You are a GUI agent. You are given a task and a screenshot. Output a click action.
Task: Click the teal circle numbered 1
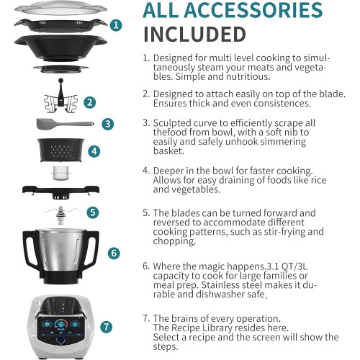point(116,25)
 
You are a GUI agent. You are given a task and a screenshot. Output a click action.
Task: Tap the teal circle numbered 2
point(90,102)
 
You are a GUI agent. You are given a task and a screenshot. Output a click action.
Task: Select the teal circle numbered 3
point(108,124)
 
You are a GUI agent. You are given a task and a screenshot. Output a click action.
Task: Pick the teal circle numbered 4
point(94,151)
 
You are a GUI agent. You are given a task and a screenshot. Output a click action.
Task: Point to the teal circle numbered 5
point(93,212)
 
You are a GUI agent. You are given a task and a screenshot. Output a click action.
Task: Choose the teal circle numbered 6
point(114,253)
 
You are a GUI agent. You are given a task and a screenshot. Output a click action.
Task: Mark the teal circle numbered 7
point(106,327)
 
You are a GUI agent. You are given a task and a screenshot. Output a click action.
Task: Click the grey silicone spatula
point(65,124)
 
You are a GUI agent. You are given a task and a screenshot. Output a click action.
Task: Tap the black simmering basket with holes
point(61,150)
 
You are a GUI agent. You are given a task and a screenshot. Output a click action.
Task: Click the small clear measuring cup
point(61,174)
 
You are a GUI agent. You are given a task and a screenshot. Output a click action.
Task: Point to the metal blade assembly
point(60,215)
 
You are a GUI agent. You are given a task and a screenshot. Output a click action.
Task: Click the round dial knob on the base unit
point(60,340)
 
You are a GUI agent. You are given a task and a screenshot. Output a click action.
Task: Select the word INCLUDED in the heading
point(194,35)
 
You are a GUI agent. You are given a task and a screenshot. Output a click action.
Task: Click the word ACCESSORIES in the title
point(253,10)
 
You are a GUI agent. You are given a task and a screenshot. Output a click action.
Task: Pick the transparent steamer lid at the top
point(60,8)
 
